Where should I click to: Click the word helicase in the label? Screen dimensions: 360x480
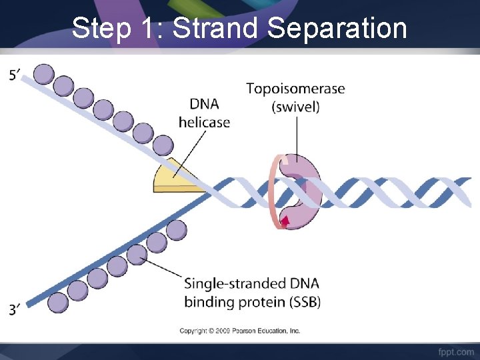pyautogui.click(x=204, y=122)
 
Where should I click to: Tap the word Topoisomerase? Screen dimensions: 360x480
pyautogui.click(x=295, y=89)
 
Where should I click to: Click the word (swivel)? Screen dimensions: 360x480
pyautogui.click(x=295, y=107)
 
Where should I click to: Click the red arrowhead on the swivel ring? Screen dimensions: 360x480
pyautogui.click(x=285, y=221)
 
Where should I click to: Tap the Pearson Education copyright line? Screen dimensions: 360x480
pyautogui.click(x=240, y=331)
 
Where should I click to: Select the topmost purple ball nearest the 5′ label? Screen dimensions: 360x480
pyautogui.click(x=43, y=73)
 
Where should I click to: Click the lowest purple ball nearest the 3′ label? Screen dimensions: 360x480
pyautogui.click(x=58, y=302)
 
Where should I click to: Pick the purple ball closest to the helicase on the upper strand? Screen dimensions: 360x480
pyautogui.click(x=163, y=145)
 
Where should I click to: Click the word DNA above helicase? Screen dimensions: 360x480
pyautogui.click(x=204, y=104)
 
